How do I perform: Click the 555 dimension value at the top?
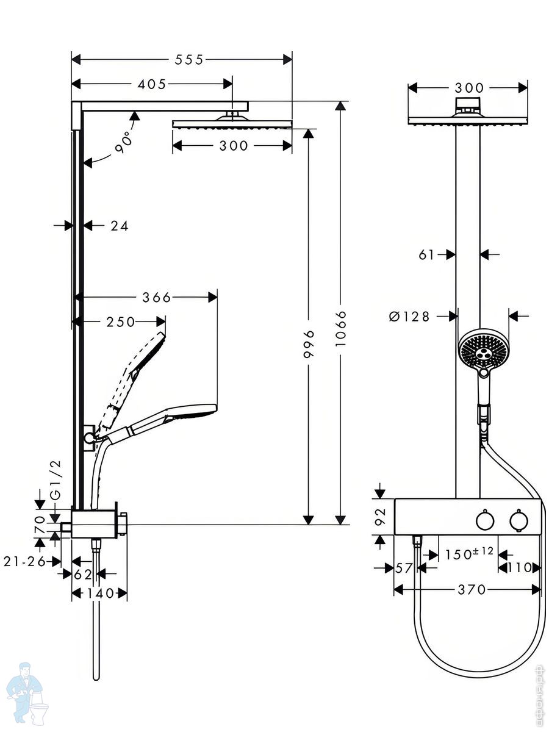(x=188, y=60)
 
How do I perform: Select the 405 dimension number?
(x=152, y=84)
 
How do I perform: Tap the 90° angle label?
(x=123, y=142)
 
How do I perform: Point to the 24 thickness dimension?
(x=120, y=226)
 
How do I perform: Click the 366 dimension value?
(x=156, y=298)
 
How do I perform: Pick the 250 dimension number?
(x=121, y=322)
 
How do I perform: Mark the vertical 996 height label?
(x=309, y=344)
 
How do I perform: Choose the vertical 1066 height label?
(x=340, y=329)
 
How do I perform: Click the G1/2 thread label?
(x=57, y=480)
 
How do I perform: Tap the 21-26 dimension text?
(x=24, y=562)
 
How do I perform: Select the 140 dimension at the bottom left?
(x=100, y=594)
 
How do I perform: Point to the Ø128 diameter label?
(x=409, y=316)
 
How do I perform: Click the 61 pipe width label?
(x=426, y=255)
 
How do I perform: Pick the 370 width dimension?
(x=472, y=590)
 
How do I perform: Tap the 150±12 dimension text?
(x=469, y=553)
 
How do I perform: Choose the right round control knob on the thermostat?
(x=518, y=520)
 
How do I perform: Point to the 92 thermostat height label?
(x=380, y=517)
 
